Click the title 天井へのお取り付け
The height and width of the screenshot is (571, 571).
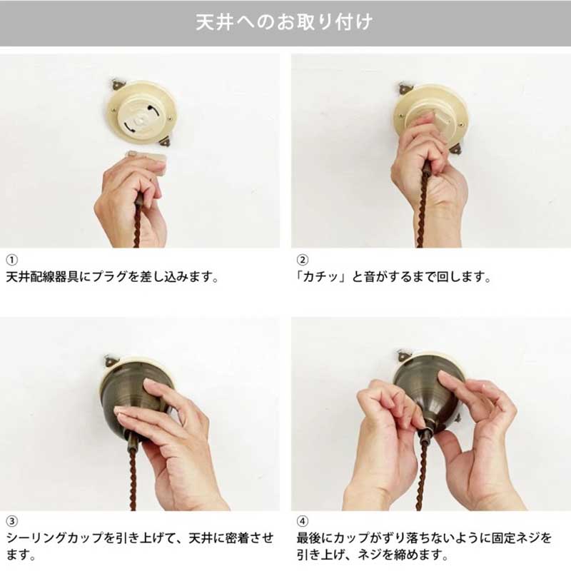(284, 22)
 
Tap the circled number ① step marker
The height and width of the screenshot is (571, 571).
(11, 260)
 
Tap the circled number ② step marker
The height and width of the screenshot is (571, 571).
(302, 260)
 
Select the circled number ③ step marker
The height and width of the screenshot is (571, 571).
(11, 521)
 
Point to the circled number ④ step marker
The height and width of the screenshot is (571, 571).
(302, 521)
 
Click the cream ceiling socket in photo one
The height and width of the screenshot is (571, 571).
(142, 112)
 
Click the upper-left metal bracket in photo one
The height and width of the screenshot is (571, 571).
(117, 84)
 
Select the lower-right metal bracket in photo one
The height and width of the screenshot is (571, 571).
(165, 141)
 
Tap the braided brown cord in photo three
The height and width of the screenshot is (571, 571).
(133, 477)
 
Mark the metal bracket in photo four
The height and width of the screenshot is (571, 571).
(403, 355)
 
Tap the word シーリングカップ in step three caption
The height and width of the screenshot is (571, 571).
(55, 538)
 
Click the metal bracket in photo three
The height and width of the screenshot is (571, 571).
(111, 360)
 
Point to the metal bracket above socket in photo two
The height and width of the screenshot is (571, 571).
(405, 88)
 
